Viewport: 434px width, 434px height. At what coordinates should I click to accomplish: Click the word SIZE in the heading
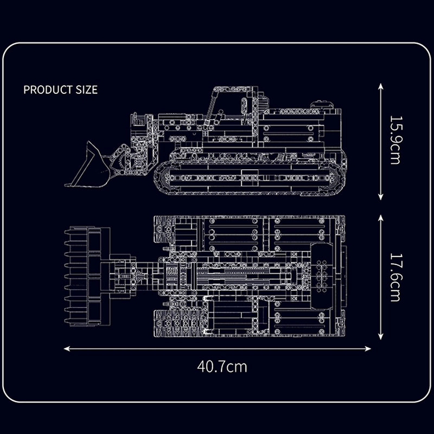tap(87, 90)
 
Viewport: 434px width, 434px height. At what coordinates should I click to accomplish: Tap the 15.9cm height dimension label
tap(395, 140)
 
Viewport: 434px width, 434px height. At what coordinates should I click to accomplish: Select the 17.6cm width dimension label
tap(395, 277)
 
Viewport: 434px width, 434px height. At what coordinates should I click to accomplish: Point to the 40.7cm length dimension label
tap(222, 367)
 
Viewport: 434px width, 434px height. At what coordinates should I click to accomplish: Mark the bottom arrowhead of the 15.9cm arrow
tap(381, 197)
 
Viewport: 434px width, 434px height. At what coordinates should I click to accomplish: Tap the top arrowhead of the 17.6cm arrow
tap(381, 218)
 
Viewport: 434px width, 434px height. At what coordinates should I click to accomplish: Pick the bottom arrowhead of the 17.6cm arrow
tap(381, 336)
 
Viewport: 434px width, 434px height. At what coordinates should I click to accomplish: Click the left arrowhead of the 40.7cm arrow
tap(67, 349)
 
